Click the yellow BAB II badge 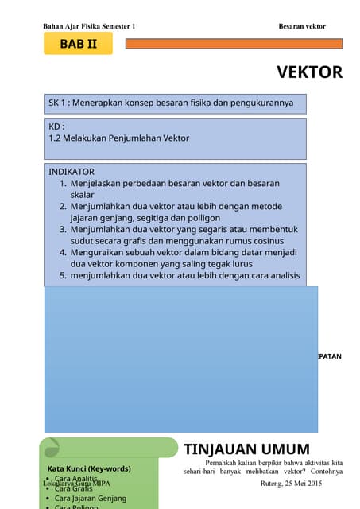coord(78,44)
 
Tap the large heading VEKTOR coord(309,72)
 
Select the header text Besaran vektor coord(302,26)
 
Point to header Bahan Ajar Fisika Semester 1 coord(89,26)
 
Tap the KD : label coord(56,126)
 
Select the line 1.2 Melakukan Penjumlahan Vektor coord(119,138)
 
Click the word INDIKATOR coord(72,172)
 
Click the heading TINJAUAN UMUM coord(246,449)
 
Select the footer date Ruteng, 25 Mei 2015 coord(291,484)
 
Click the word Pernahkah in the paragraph coord(223,462)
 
